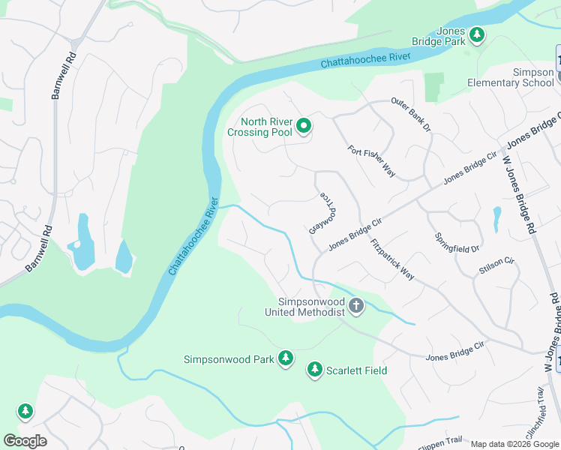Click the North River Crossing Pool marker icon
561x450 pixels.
coord(304,126)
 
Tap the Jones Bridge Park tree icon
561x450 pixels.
coord(476,34)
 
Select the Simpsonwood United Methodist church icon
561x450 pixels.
coord(356,305)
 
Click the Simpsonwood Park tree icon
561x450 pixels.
coord(285,359)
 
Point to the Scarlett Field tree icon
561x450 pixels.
coord(314,370)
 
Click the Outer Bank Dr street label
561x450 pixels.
coord(411,115)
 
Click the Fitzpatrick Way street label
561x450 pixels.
coord(391,259)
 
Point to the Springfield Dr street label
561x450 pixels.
coord(456,241)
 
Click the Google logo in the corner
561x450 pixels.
coord(25,441)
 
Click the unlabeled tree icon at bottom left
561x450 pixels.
coord(25,411)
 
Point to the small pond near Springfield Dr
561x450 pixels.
coord(496,220)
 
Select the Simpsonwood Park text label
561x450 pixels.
coord(229,359)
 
